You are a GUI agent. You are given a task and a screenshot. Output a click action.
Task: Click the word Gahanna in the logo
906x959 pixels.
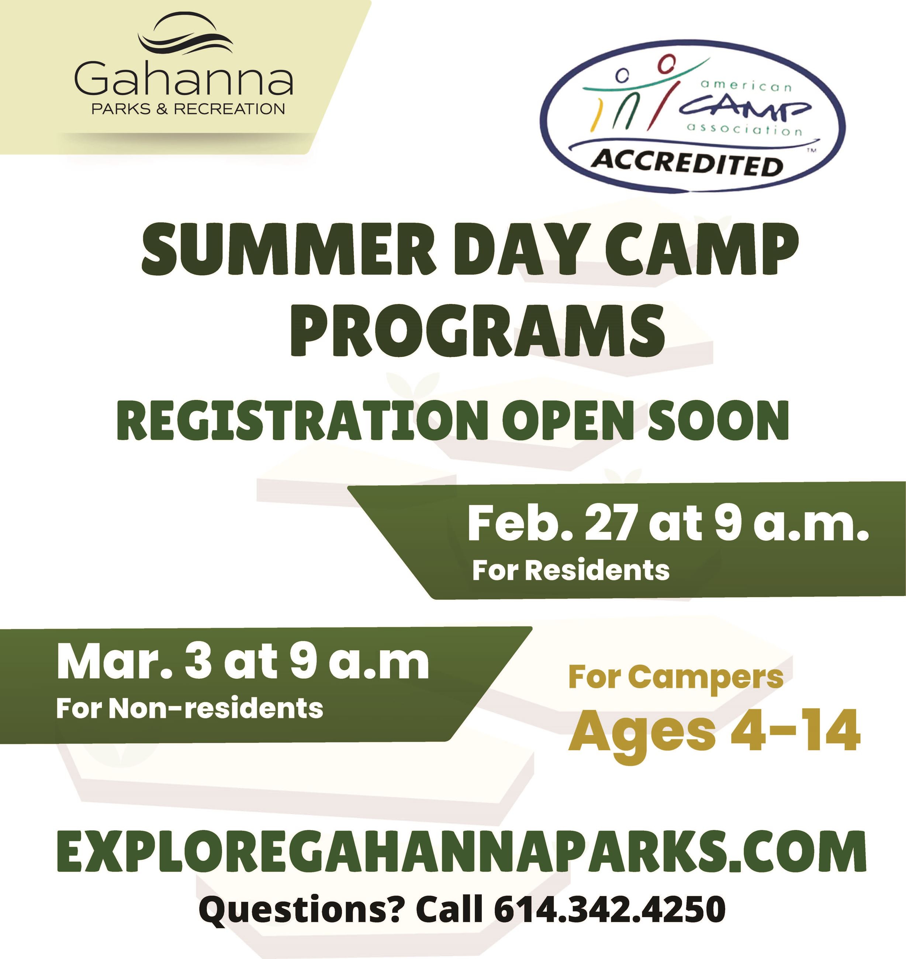183,78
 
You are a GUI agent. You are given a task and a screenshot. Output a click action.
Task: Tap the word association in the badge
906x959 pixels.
744,129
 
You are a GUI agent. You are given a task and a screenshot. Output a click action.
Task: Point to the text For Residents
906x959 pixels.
570,570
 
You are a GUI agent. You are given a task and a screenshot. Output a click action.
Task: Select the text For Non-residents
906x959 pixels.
189,709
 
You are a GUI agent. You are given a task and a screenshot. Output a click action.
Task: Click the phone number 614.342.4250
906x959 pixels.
609,909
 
